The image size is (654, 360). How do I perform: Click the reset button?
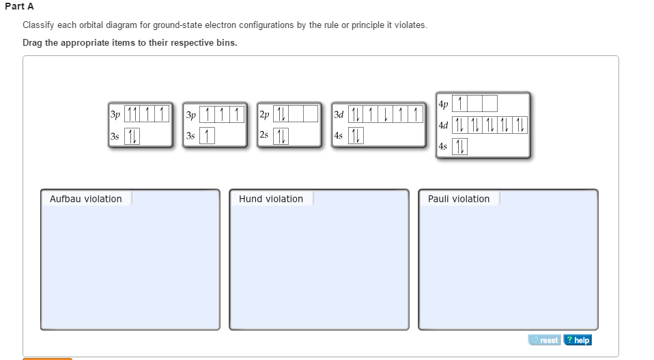pyautogui.click(x=544, y=340)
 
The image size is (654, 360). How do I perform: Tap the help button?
pyautogui.click(x=578, y=340)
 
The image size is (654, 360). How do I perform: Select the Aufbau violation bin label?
pyautogui.click(x=86, y=199)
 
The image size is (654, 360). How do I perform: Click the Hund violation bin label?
pyautogui.click(x=271, y=199)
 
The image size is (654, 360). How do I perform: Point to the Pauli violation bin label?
pyautogui.click(x=459, y=199)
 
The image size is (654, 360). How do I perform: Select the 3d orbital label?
pyautogui.click(x=339, y=114)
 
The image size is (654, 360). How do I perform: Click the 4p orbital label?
pyautogui.click(x=444, y=105)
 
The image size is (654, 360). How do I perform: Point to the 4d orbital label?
pyautogui.click(x=444, y=126)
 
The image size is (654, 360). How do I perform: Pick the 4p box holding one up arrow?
pyautogui.click(x=461, y=104)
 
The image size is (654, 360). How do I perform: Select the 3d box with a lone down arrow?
pyautogui.click(x=386, y=114)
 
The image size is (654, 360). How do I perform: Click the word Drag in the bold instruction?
pyautogui.click(x=33, y=42)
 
